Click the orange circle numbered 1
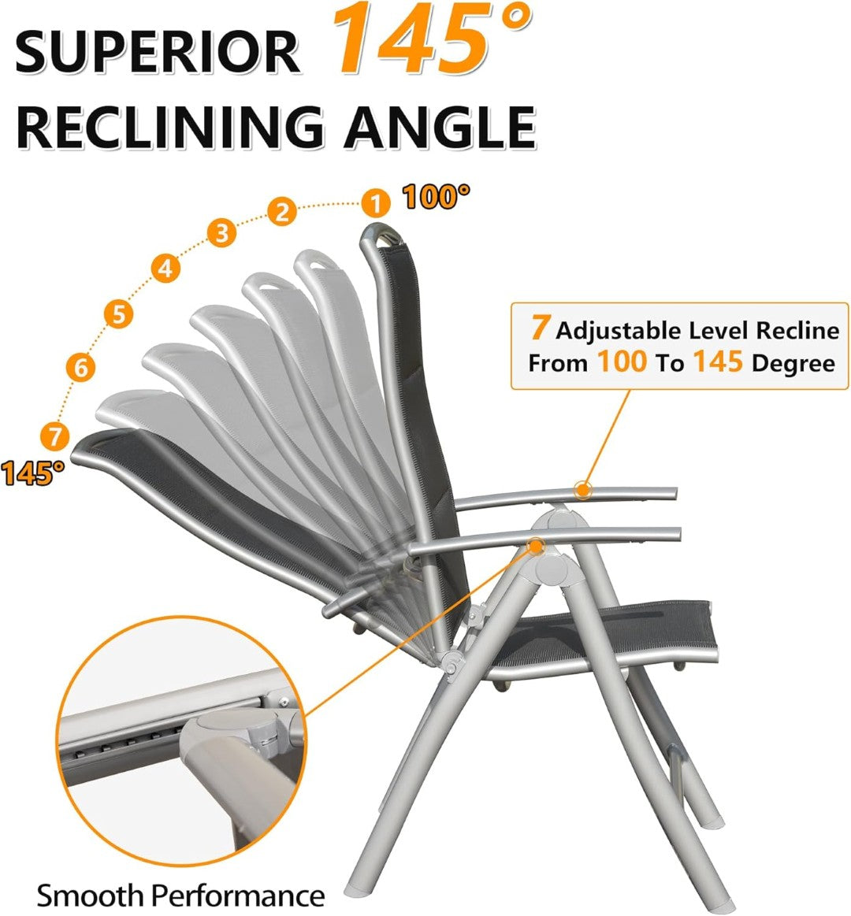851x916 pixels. [377, 203]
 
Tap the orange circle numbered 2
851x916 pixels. [281, 211]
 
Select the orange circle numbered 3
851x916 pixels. [222, 233]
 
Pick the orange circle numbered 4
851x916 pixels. [164, 269]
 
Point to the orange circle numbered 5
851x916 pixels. [118, 314]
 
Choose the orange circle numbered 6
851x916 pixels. [81, 367]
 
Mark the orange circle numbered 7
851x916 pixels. [54, 435]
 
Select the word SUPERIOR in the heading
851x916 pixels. [158, 52]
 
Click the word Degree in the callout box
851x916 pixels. [793, 363]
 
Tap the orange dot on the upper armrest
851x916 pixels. [582, 490]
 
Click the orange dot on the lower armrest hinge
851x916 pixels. [536, 545]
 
